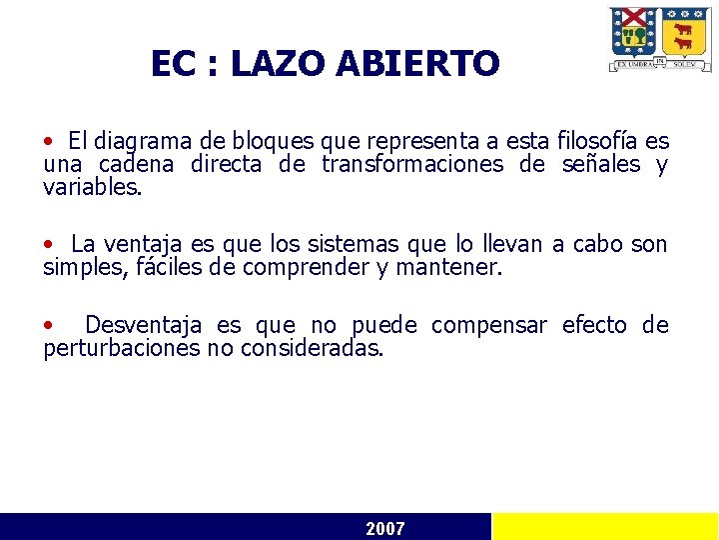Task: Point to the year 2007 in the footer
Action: [385, 528]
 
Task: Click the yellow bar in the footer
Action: [605, 527]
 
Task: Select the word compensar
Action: [489, 326]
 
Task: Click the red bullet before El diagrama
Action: [49, 142]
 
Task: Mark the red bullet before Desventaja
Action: [49, 326]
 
